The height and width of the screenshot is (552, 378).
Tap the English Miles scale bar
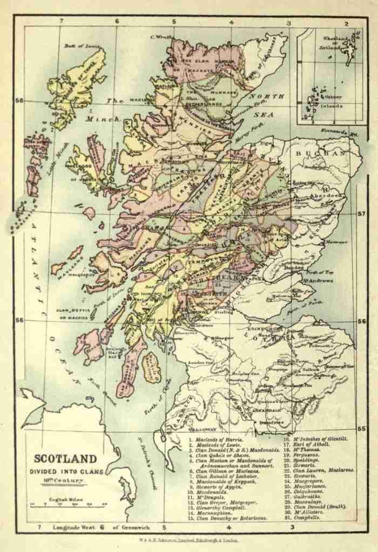click(x=68, y=505)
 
